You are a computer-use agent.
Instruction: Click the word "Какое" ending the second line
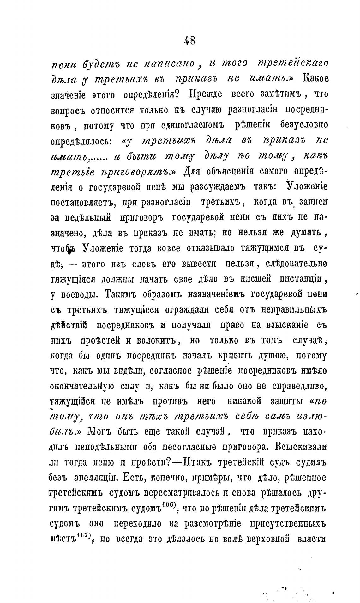click(x=315, y=78)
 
